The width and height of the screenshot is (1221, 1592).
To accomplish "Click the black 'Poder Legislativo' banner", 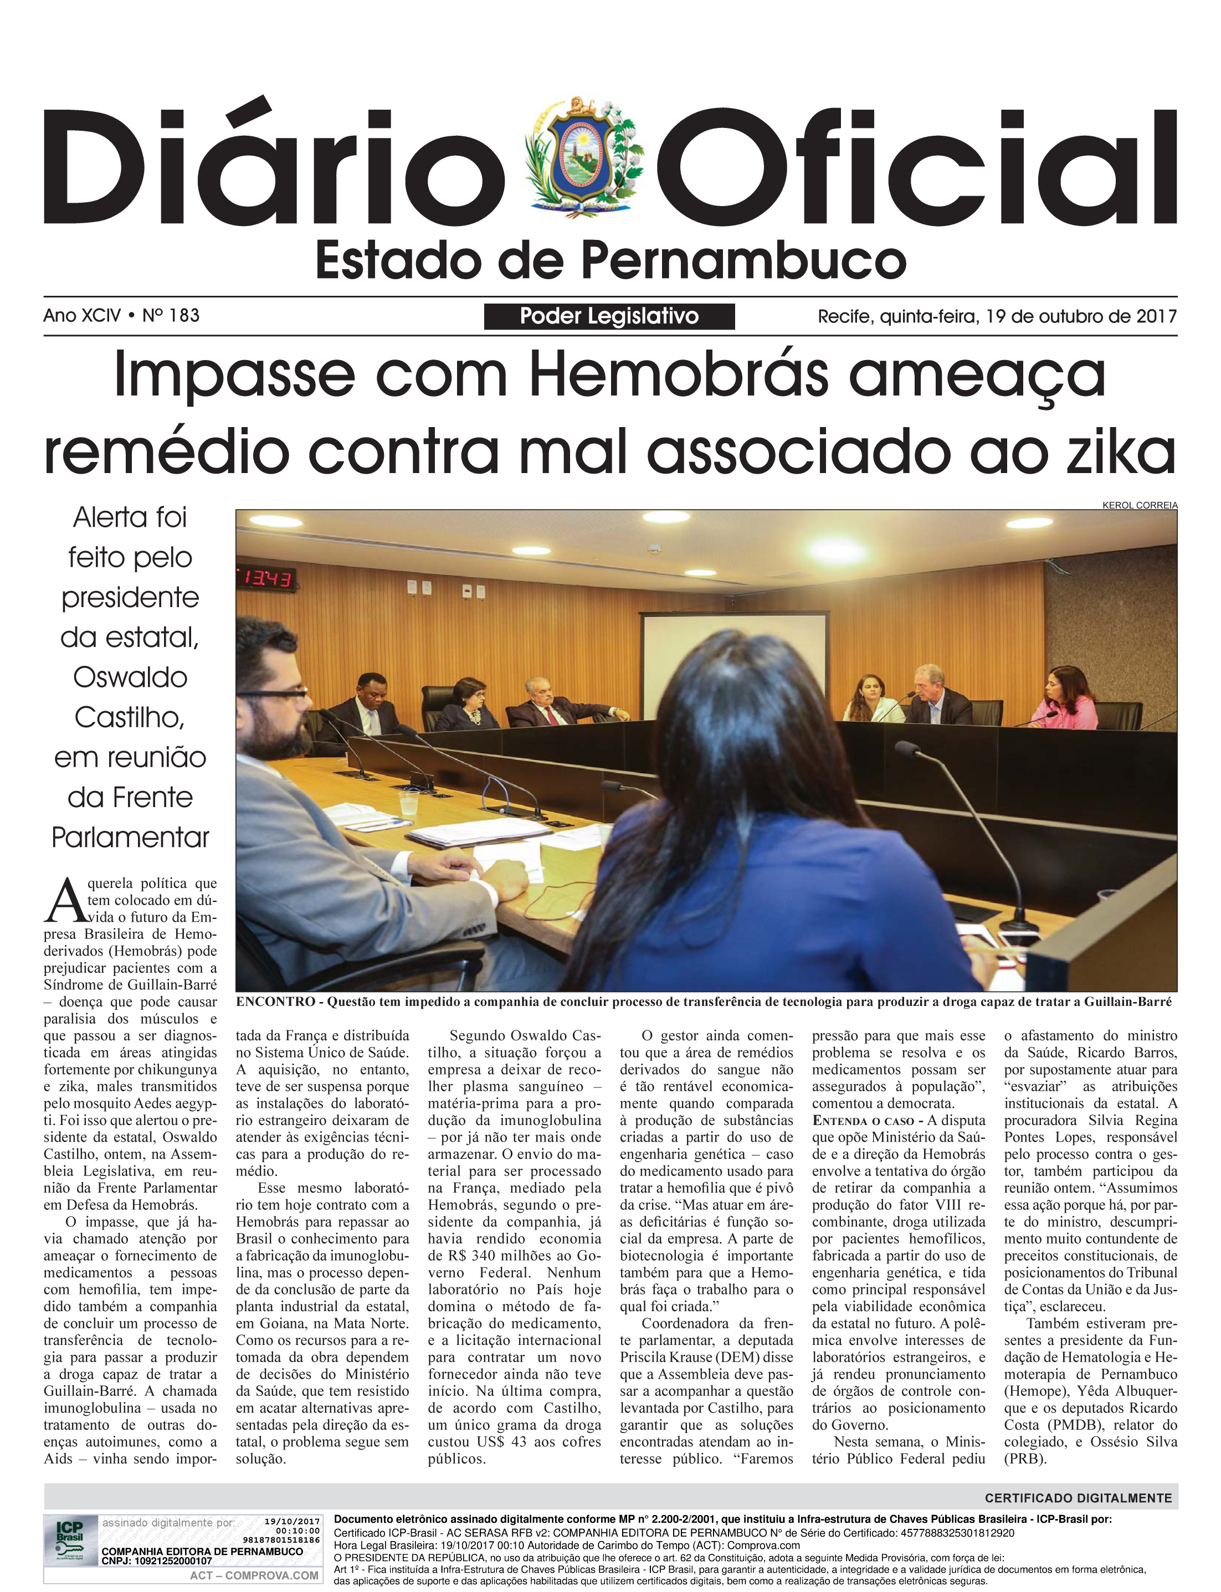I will [609, 316].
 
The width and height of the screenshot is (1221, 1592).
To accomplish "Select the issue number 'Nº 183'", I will [171, 315].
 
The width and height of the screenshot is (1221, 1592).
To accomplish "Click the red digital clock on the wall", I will [265, 579].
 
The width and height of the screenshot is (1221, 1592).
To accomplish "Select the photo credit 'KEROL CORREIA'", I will [1140, 505].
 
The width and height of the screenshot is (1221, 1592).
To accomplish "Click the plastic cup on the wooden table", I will [408, 802].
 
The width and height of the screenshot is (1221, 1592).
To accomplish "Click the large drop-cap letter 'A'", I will [64, 900].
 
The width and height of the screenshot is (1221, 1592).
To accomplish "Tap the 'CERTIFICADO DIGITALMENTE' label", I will [1078, 1497].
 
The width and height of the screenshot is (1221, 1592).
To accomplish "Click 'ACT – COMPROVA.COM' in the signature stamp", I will [254, 1575].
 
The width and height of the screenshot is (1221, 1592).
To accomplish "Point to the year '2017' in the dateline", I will [1156, 316].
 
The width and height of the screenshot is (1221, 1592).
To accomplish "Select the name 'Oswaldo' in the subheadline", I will [130, 677].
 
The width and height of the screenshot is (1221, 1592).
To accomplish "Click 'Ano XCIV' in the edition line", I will [81, 315].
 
